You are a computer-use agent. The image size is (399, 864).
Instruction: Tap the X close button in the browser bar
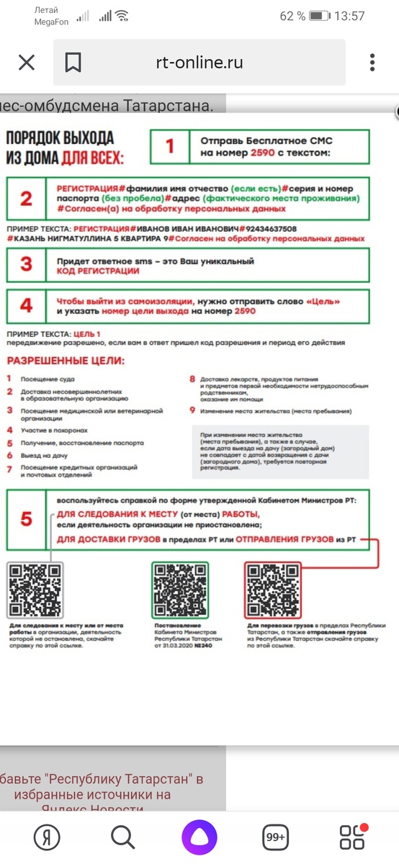pos(26,63)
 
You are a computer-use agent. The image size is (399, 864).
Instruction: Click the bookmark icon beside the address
pos(73,63)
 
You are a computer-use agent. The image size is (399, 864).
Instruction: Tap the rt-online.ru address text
pos(199,63)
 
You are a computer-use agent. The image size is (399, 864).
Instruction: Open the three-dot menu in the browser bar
pos(372,63)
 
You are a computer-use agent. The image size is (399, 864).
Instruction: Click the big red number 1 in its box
pos(170,147)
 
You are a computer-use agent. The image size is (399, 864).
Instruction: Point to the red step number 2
pos(26,197)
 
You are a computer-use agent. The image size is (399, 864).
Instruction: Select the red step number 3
pos(26,264)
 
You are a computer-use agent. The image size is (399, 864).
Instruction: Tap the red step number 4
pos(26,305)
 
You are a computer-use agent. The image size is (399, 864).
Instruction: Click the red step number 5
pos(26,518)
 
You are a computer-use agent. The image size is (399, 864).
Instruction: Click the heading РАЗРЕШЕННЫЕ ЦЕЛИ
pos(65,360)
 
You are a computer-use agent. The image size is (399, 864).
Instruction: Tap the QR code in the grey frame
pos(35,590)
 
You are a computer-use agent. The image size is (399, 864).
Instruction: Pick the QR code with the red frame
pos(274,590)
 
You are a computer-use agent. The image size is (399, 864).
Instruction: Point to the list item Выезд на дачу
pos(45,455)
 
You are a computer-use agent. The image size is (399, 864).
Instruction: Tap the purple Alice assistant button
pos(199,837)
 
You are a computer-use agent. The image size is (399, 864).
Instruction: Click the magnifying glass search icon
pos(123,837)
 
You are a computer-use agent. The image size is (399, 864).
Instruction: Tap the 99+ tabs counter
pos(276,837)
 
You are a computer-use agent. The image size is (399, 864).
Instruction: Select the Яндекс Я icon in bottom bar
pos(48,837)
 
